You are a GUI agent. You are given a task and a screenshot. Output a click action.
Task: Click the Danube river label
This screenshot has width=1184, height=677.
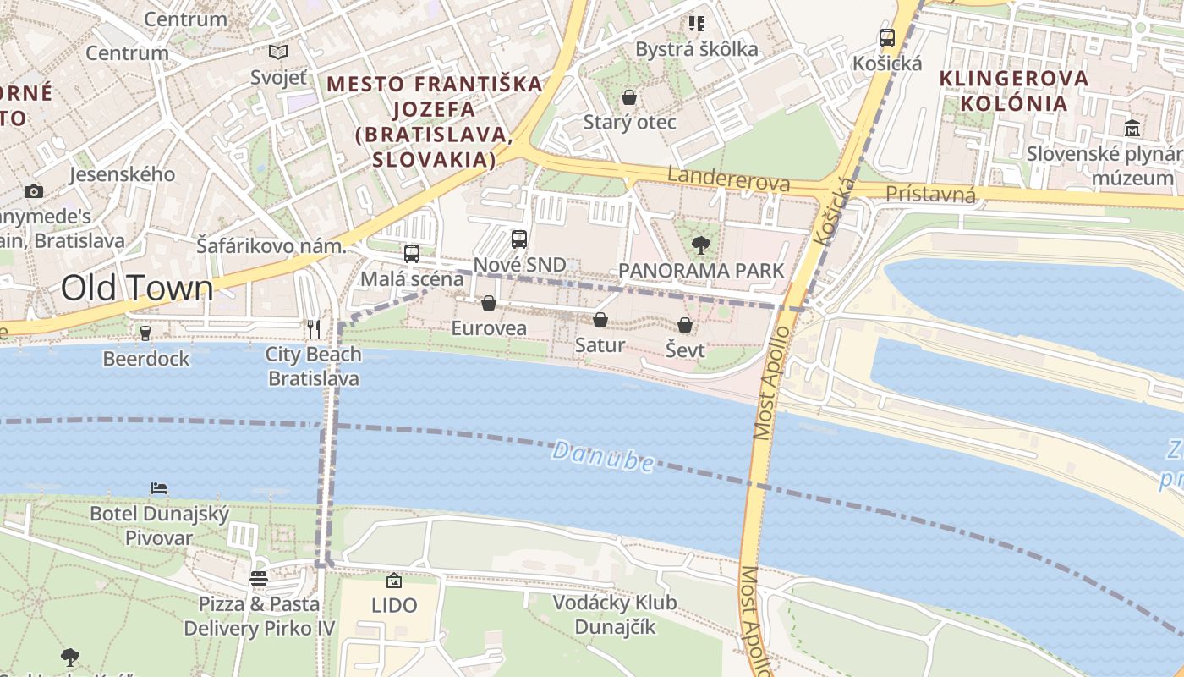click(x=602, y=456)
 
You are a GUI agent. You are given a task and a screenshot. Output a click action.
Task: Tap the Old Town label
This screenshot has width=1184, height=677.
click(x=137, y=288)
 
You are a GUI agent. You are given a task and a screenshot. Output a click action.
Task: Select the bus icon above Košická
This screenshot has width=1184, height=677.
click(x=886, y=38)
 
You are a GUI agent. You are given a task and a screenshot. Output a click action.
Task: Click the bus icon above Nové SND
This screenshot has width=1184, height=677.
click(x=519, y=239)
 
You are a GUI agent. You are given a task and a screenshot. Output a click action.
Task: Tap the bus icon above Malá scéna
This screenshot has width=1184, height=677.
click(x=412, y=253)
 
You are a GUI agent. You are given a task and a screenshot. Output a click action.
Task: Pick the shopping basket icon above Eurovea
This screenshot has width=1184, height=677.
click(x=489, y=303)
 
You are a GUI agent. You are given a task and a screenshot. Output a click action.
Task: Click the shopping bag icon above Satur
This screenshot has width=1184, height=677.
click(x=600, y=320)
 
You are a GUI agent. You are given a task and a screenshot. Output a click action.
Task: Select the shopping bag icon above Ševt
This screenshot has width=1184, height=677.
click(x=685, y=325)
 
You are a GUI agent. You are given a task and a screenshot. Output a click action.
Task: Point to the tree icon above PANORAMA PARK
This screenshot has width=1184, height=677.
click(x=700, y=245)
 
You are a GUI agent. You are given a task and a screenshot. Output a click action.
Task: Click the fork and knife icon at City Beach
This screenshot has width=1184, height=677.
click(x=314, y=328)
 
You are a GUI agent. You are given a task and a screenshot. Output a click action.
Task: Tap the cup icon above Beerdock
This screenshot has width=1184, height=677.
click(x=145, y=333)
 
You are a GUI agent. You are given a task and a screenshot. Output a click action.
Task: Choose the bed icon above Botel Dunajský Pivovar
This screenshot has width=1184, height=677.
click(x=159, y=488)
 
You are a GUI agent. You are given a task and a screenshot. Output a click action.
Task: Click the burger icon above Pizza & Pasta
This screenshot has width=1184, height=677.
click(x=259, y=579)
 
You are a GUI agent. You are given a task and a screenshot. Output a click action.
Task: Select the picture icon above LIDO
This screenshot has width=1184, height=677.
click(x=394, y=581)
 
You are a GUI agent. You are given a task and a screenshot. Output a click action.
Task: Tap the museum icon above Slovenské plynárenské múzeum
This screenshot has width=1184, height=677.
click(x=1132, y=128)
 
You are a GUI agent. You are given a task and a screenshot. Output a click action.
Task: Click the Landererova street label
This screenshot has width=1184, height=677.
click(x=728, y=179)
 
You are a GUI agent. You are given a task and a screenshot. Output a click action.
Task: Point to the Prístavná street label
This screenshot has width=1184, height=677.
click(x=930, y=195)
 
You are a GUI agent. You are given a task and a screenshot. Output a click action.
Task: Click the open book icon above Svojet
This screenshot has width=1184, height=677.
click(x=278, y=52)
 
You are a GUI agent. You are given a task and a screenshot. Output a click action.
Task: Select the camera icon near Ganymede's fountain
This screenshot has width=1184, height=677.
click(x=34, y=191)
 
